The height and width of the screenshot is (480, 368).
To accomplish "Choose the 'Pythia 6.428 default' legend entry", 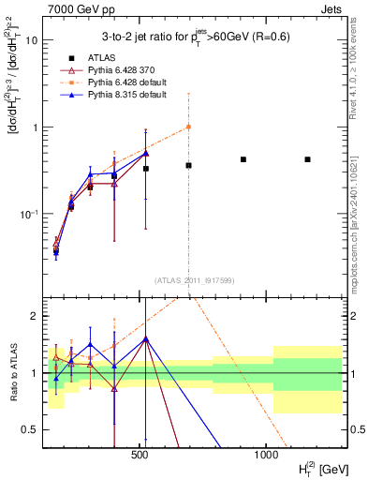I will (x=125, y=82).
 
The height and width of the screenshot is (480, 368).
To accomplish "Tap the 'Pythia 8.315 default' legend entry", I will (x=125, y=95).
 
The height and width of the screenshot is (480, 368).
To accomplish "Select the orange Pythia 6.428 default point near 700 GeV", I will (x=188, y=127).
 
